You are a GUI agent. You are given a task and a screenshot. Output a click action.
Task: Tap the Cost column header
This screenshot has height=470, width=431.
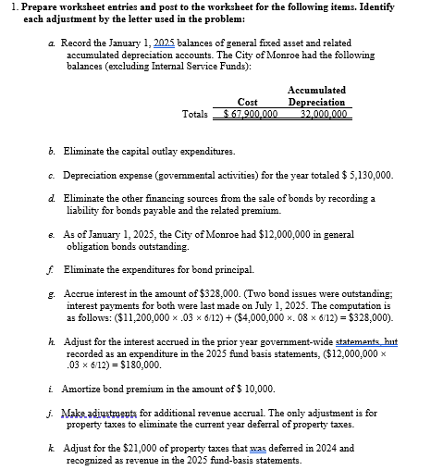247,102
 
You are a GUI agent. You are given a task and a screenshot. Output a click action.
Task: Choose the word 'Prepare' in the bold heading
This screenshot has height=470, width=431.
31,7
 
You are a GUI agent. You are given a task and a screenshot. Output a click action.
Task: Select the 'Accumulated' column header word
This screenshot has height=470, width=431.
316,90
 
